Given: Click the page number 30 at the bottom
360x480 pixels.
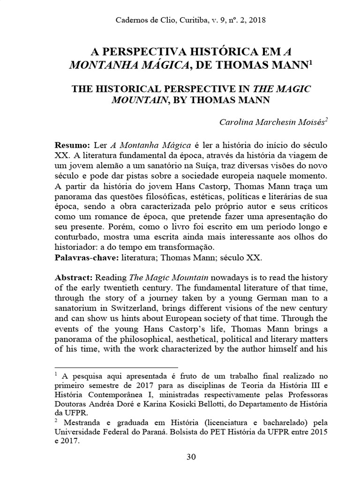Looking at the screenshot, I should click(191, 457).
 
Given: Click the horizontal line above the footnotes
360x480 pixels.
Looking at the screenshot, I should click(117, 368).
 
